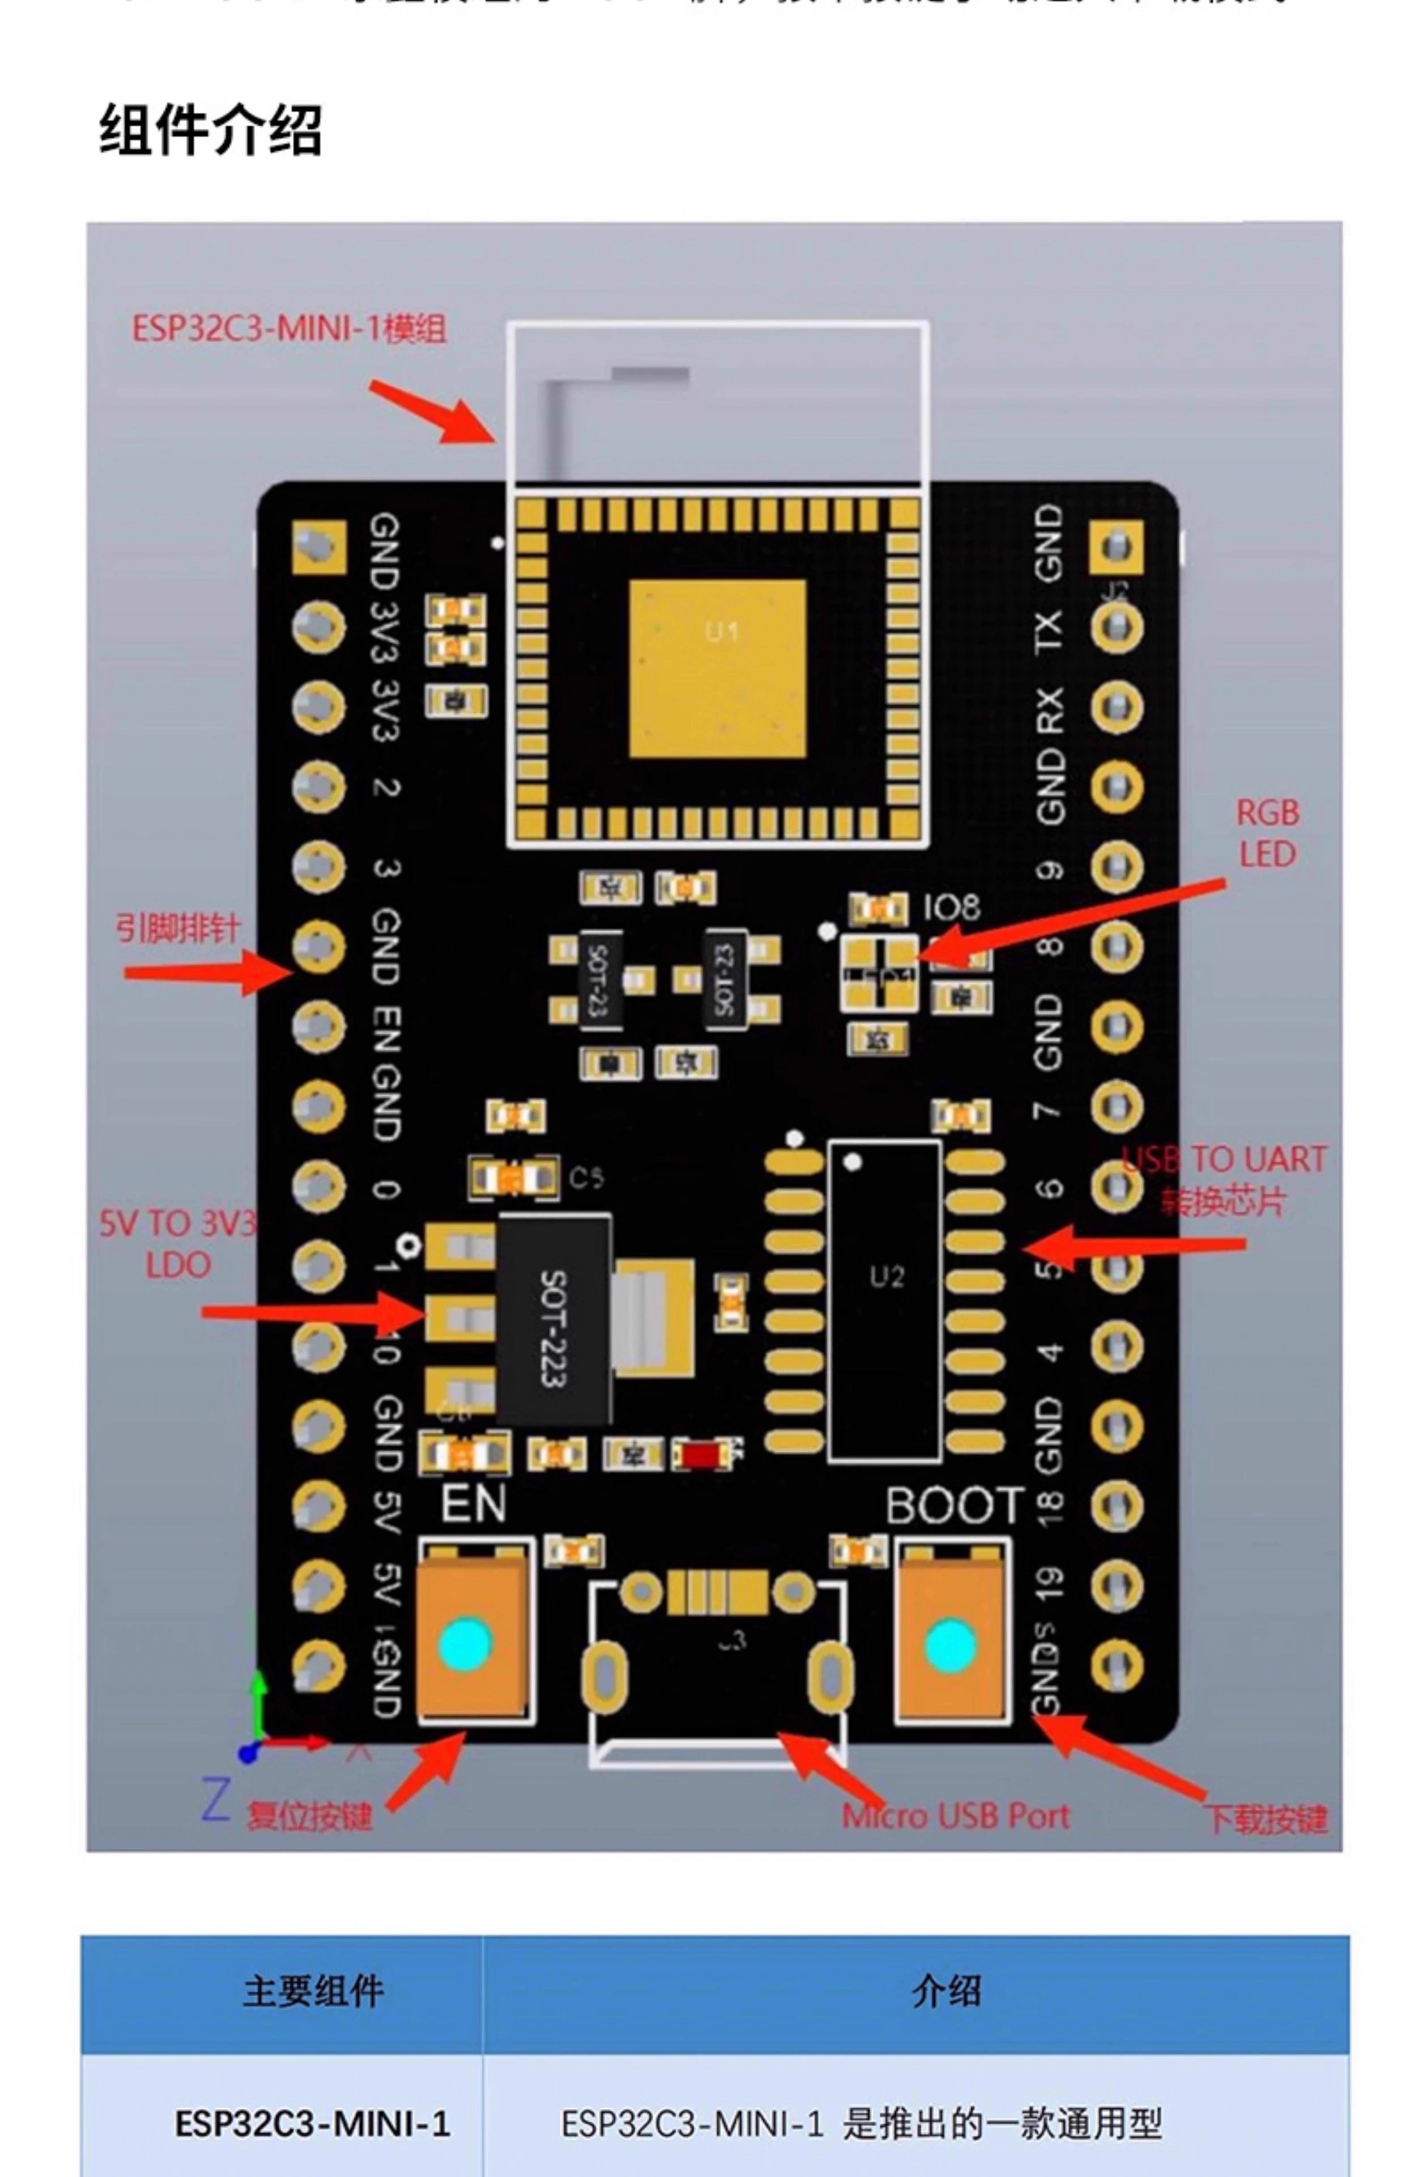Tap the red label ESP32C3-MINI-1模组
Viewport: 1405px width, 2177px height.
[x=289, y=329]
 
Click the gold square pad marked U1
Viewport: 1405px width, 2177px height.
[x=717, y=668]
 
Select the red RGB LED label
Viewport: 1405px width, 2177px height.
[x=1267, y=833]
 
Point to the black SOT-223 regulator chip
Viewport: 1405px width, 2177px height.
[x=553, y=1319]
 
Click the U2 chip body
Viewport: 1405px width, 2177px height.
[x=884, y=1301]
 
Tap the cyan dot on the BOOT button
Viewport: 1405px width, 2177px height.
[x=950, y=1646]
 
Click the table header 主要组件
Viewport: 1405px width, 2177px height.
[x=313, y=1991]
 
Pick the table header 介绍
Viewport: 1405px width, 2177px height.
[x=946, y=1991]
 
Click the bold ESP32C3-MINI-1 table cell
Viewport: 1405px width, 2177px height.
[x=312, y=2124]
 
